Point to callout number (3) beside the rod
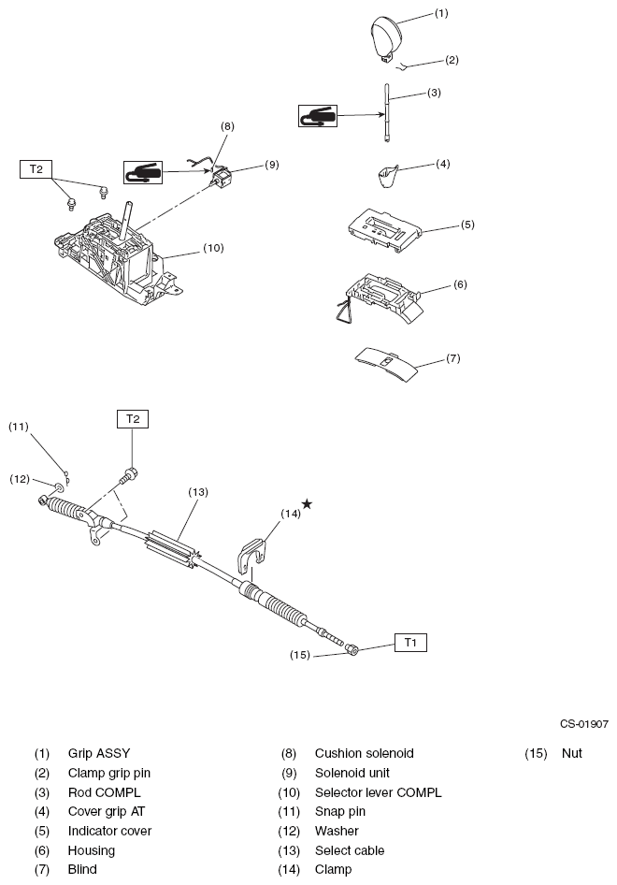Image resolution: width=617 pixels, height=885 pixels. [x=434, y=93]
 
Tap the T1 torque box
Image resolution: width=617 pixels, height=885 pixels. [x=411, y=643]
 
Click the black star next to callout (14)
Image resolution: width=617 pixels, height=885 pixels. [x=307, y=503]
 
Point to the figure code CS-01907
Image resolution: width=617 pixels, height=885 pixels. [x=584, y=723]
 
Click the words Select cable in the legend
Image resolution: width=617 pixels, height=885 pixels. [x=349, y=850]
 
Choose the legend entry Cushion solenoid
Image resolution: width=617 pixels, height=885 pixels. [x=364, y=753]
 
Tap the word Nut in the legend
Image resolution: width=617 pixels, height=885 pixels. [x=571, y=753]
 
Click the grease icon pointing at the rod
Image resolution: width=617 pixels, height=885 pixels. [x=318, y=115]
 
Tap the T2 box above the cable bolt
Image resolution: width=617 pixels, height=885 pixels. [x=132, y=419]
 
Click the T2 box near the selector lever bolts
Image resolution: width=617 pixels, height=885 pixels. [x=36, y=168]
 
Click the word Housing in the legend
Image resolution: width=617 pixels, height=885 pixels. [x=91, y=850]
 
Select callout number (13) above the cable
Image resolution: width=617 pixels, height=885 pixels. [x=197, y=491]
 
